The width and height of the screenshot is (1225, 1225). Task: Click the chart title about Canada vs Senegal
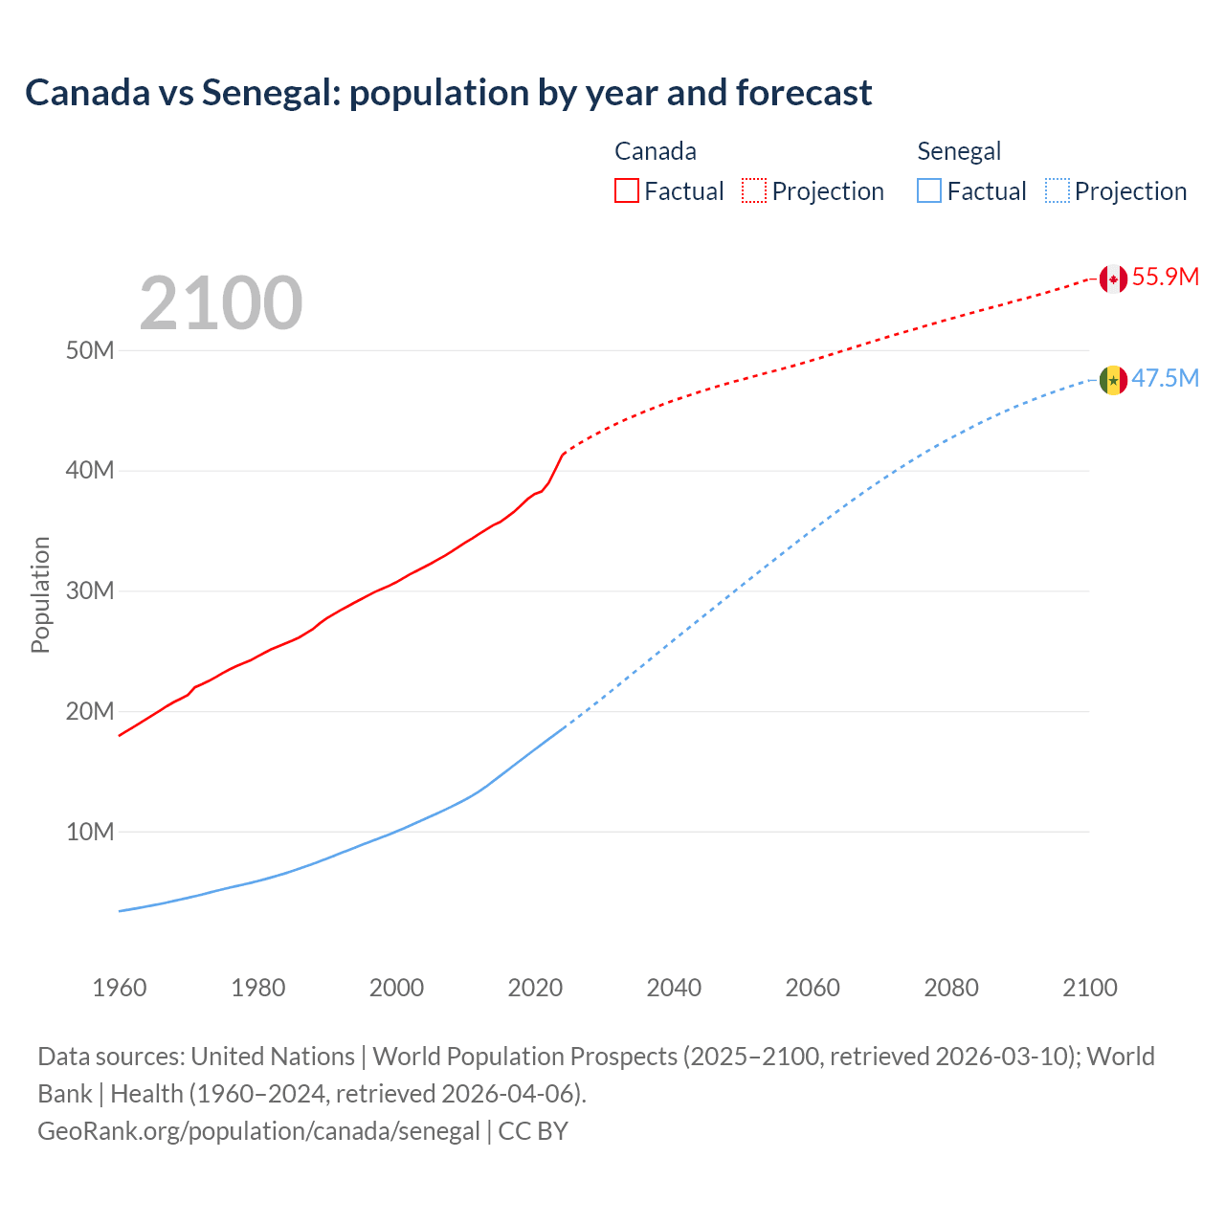(448, 93)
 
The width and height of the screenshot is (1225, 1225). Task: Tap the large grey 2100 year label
(221, 303)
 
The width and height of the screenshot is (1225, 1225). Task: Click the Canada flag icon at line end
(1112, 278)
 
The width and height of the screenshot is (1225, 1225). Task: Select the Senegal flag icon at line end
(1112, 380)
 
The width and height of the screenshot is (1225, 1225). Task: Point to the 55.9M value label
(1165, 278)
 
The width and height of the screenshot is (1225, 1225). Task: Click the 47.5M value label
(1165, 379)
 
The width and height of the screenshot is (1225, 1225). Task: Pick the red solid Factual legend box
(627, 190)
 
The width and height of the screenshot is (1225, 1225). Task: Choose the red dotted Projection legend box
(754, 190)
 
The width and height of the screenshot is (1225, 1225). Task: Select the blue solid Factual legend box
(929, 190)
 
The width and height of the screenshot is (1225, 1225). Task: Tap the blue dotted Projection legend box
(1057, 190)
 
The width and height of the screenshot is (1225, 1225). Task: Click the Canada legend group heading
(655, 151)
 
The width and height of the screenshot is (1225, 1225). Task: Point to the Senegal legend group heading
(959, 151)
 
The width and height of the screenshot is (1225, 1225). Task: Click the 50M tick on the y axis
(90, 350)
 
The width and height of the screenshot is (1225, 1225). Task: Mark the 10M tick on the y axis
(90, 832)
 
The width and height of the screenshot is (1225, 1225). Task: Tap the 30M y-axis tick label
(90, 591)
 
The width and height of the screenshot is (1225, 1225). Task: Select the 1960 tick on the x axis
(120, 988)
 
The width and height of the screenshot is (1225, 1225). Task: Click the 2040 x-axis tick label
(674, 988)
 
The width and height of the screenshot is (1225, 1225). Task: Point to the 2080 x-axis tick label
(951, 988)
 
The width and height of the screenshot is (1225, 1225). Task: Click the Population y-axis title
(40, 594)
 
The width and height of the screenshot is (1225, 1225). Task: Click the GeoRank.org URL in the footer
(258, 1131)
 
